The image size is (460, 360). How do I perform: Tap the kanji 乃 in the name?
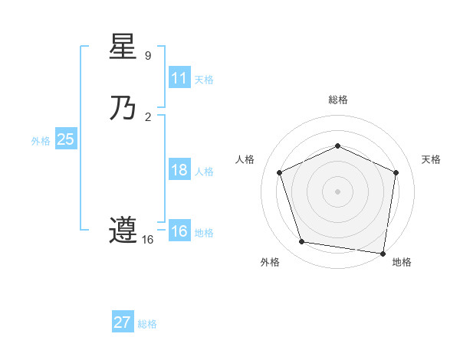(x=123, y=108)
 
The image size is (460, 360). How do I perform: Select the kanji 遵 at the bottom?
(x=123, y=230)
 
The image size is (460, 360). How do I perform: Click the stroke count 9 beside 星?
(x=148, y=55)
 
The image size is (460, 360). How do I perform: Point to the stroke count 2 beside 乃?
(x=148, y=117)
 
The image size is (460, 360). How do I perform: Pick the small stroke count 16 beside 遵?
(x=148, y=240)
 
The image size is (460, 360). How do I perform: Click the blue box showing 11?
(x=179, y=77)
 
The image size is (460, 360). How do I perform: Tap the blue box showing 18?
(x=179, y=170)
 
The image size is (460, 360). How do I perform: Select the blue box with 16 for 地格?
(x=179, y=231)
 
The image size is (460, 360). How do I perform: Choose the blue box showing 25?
(x=65, y=139)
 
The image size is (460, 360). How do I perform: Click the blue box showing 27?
(x=123, y=322)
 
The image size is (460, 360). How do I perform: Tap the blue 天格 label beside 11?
(x=204, y=80)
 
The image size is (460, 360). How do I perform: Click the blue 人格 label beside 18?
(x=204, y=172)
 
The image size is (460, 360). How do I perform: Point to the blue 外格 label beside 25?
(x=41, y=141)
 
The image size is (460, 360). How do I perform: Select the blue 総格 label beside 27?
(x=147, y=324)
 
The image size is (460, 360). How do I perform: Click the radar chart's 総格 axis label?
(x=338, y=100)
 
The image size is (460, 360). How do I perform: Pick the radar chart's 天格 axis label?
(x=431, y=159)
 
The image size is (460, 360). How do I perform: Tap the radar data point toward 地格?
(x=383, y=253)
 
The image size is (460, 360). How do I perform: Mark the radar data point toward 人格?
(x=280, y=172)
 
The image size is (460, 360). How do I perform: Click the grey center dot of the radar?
(x=338, y=191)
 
